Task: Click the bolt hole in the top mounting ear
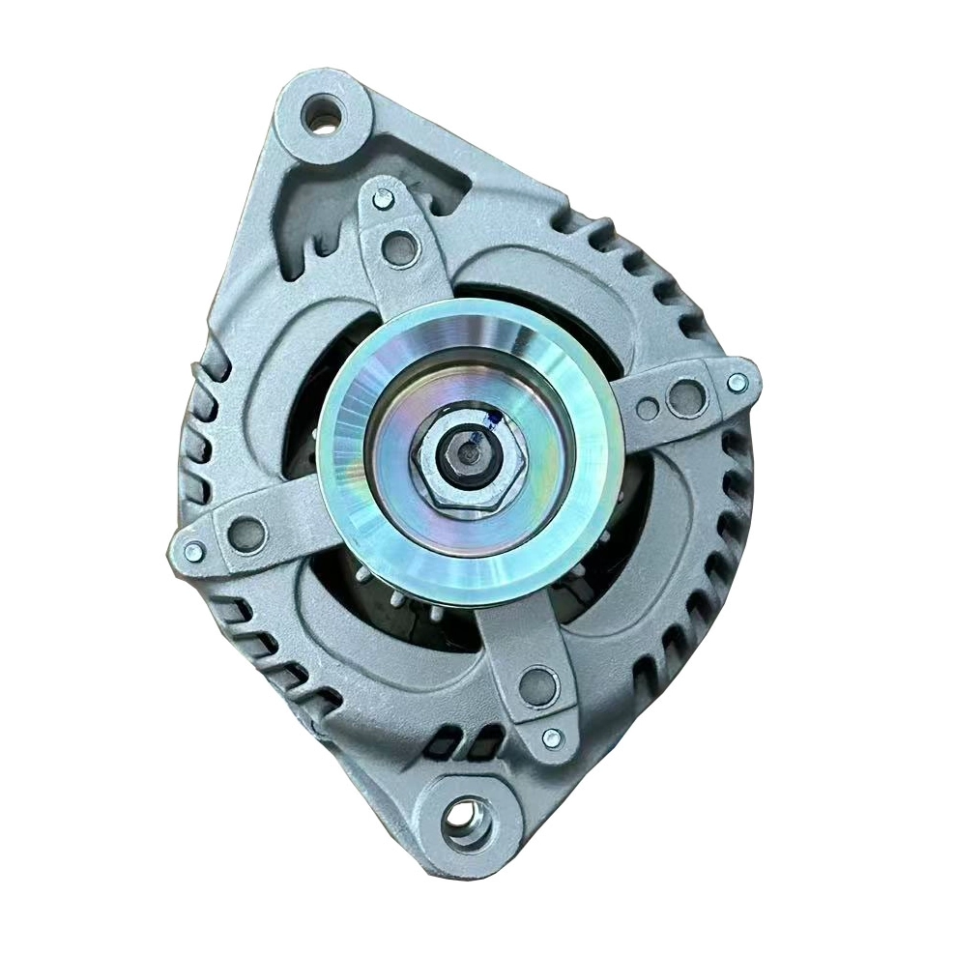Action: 322,116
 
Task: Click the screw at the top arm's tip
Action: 384,200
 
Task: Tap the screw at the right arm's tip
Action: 737,382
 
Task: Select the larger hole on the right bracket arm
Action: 684,394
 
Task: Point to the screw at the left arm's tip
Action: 192,552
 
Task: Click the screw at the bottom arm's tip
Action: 552,738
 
